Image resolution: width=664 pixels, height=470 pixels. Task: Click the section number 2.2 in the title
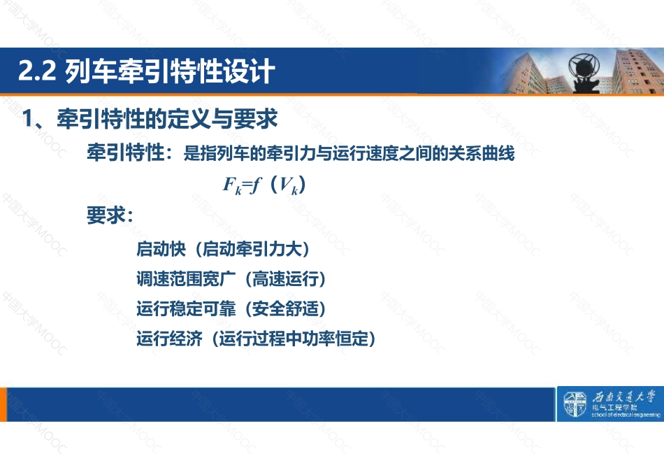37,71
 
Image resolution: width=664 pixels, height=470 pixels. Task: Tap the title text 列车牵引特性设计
170,71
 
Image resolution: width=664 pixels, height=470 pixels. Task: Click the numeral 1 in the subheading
27,118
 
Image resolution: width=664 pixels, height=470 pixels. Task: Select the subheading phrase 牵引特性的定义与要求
167,118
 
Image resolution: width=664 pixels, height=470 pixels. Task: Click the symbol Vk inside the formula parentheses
289,185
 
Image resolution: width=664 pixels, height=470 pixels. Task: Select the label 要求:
110,215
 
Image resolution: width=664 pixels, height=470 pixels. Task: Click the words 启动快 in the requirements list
161,249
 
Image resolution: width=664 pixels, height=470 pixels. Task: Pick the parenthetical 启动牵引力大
252,249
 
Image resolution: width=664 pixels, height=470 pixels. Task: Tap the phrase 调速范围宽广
186,279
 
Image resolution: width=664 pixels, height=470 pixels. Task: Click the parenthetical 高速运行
285,279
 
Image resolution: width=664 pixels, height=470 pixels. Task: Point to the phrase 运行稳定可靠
186,308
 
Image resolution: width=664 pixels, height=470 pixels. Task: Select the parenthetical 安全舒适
285,308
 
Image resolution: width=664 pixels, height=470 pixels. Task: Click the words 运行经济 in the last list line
169,339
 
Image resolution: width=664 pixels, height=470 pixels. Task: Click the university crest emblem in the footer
575,404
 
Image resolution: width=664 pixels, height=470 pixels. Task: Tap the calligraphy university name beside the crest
623,397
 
